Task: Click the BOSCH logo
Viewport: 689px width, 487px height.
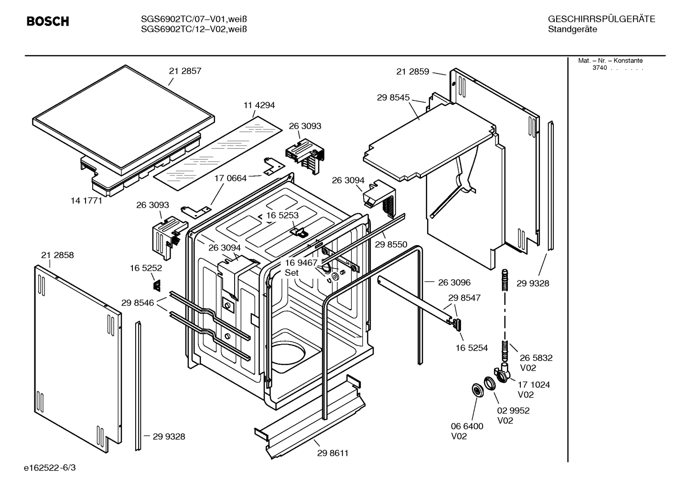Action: click(48, 21)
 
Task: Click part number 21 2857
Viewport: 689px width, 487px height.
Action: click(185, 71)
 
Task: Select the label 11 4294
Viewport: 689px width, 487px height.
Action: click(259, 105)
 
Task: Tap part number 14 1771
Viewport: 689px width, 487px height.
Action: click(86, 201)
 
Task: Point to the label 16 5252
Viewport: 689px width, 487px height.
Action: click(146, 269)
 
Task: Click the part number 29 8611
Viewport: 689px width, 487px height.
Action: click(333, 453)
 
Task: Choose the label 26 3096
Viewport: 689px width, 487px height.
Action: click(454, 282)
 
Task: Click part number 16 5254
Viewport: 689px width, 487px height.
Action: click(472, 348)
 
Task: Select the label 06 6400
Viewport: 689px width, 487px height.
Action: click(467, 426)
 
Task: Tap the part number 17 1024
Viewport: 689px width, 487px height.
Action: click(534, 385)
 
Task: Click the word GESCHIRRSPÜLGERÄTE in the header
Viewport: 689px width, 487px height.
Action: click(601, 19)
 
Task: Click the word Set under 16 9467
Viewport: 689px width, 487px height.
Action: click(291, 273)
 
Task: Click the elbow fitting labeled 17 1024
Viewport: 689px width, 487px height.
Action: click(501, 373)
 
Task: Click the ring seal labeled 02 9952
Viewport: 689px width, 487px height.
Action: click(489, 384)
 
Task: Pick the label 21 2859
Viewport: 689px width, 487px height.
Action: click(412, 72)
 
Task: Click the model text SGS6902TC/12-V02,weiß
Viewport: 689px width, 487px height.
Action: click(194, 29)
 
